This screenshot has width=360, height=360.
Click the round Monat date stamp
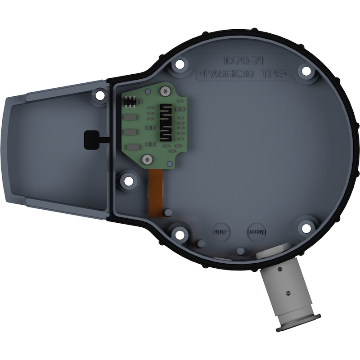(x=257, y=232)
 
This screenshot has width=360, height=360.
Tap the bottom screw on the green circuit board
(x=147, y=159)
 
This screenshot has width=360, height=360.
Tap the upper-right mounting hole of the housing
(x=306, y=71)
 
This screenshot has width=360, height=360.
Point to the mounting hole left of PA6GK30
(x=180, y=64)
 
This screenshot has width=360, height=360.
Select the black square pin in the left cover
(x=91, y=139)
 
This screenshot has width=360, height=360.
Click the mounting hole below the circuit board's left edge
(x=129, y=181)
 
